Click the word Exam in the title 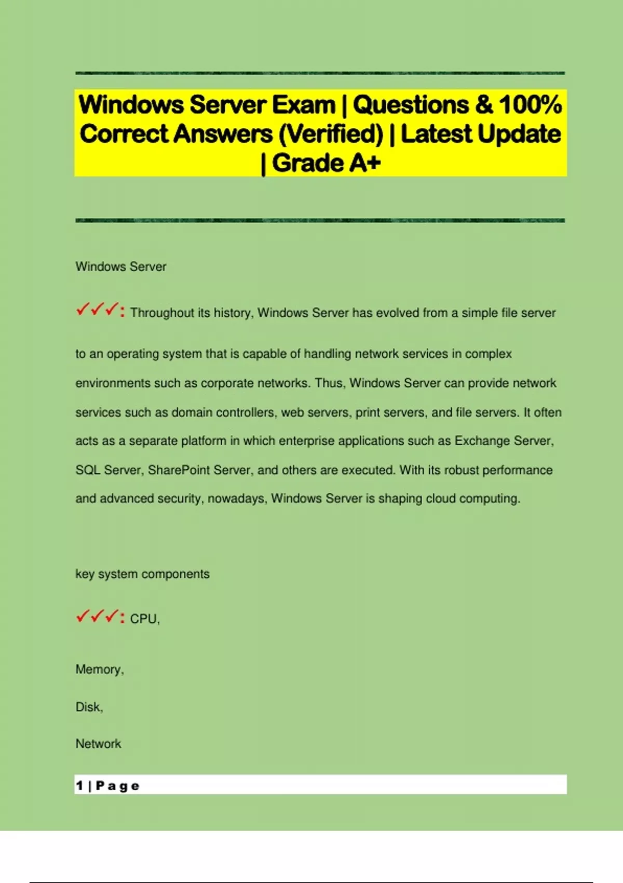tap(304, 105)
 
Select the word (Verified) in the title tap(331, 134)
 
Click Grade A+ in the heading tap(326, 163)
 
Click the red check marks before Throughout tap(97, 311)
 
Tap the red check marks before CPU tap(97, 617)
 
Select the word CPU tap(143, 619)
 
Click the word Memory tap(99, 670)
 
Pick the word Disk tap(88, 707)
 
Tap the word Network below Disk tap(98, 744)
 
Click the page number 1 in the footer tap(79, 785)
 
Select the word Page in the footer tap(118, 786)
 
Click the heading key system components tap(142, 574)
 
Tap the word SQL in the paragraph tap(88, 470)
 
